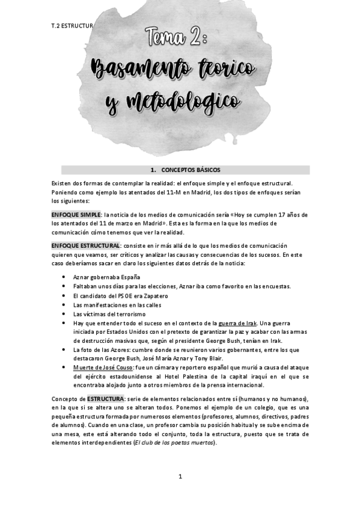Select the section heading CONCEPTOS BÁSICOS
pos(186,170)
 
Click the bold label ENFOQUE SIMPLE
pos(76,214)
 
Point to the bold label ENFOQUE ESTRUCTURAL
pos(87,245)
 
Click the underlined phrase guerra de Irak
pos(239,323)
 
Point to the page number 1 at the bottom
pos(180,476)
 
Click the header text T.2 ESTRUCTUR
pos(72,26)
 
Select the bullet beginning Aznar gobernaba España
pos(106,277)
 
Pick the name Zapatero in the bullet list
pos(155,296)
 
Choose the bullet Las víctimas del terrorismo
pos(109,315)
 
